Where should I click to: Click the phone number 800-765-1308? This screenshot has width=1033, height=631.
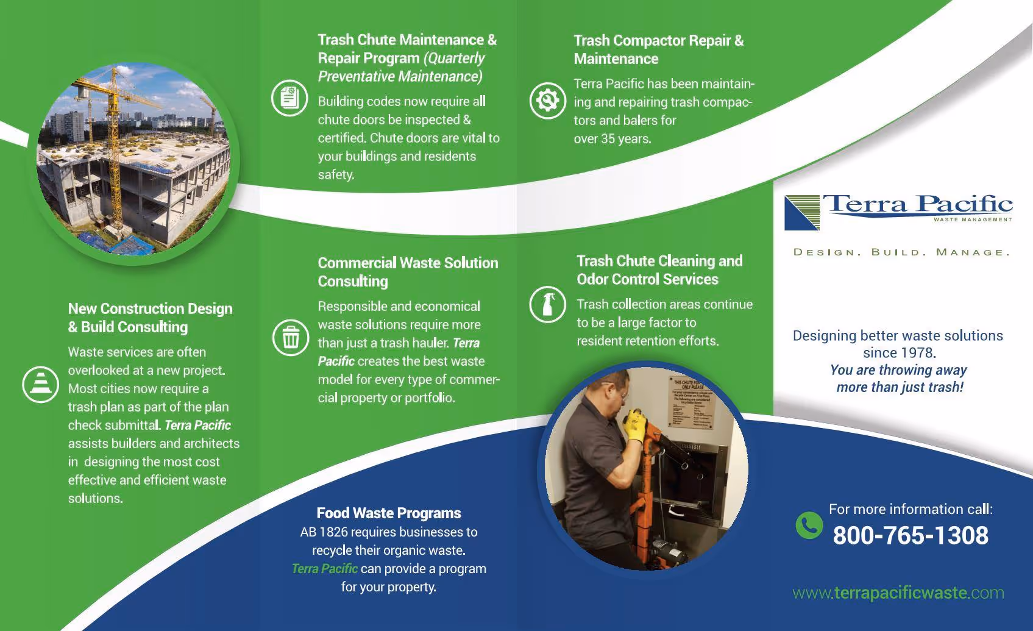pos(911,536)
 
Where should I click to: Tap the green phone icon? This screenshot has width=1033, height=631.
pos(809,525)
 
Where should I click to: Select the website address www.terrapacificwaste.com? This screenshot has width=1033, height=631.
pos(898,593)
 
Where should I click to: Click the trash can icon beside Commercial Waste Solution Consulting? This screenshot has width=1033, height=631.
pos(291,337)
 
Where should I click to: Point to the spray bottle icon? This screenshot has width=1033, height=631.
pos(547,304)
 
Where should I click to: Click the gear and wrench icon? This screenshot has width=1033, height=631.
pos(547,100)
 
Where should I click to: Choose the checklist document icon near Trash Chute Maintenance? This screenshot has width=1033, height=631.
pos(289,98)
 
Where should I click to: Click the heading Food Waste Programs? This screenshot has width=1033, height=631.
pos(389,513)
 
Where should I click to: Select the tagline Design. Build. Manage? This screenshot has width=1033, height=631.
pos(901,252)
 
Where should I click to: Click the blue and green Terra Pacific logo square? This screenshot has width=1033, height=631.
pos(802,213)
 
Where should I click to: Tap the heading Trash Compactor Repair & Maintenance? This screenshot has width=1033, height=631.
pos(658,49)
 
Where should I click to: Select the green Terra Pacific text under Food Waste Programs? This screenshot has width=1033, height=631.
pos(325,569)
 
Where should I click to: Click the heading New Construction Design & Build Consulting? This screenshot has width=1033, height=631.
pos(150,318)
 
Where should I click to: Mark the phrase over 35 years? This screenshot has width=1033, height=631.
pos(612,139)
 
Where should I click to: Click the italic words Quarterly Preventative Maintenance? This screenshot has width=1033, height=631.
pos(401,68)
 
